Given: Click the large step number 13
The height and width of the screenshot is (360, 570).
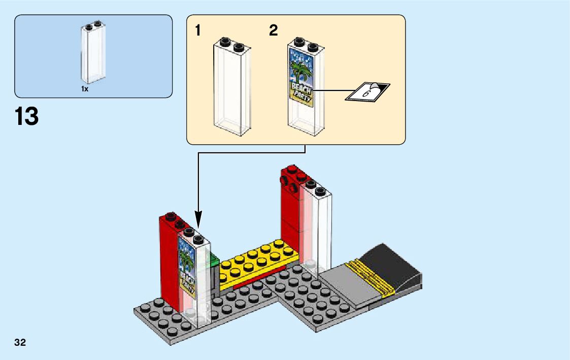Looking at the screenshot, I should coord(27,116).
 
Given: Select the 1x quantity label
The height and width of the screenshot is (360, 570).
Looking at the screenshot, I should coord(85,89).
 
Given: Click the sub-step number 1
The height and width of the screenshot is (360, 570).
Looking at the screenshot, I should coord(198,31).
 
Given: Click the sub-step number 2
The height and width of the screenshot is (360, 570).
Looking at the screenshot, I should coord(274,31).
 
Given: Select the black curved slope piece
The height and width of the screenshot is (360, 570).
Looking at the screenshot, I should coord(396,267).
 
